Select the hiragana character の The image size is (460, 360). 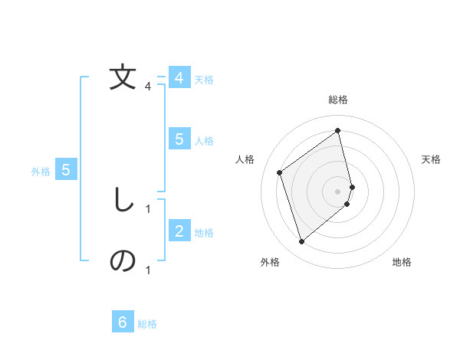pyautogui.click(x=123, y=261)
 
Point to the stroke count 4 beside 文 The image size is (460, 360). pyautogui.click(x=148, y=87)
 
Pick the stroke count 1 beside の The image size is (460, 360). pyautogui.click(x=148, y=270)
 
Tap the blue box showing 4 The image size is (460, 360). pyautogui.click(x=179, y=78)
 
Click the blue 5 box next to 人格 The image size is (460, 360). pyautogui.click(x=179, y=139)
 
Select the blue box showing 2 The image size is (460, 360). pyautogui.click(x=179, y=231)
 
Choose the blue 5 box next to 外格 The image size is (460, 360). pyautogui.click(x=66, y=170)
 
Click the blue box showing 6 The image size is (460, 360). pyautogui.click(x=123, y=322)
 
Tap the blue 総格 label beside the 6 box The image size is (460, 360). pyautogui.click(x=147, y=324)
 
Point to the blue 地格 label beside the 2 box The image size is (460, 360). pyautogui.click(x=204, y=233)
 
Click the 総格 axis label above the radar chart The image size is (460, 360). pyautogui.click(x=338, y=100)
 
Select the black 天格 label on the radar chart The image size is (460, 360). pyautogui.click(x=432, y=159)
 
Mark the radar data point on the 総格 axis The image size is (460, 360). pyautogui.click(x=338, y=130)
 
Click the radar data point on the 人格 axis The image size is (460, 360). pyautogui.click(x=280, y=172)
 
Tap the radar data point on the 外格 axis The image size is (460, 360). pyautogui.click(x=301, y=242)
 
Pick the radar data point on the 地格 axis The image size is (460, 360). pyautogui.click(x=347, y=204)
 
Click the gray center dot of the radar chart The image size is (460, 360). pyautogui.click(x=338, y=191)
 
